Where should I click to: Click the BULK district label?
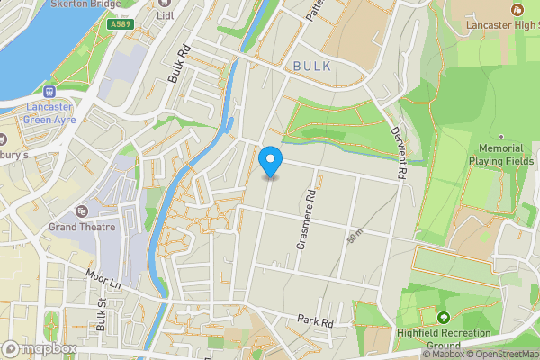click(x=312, y=67)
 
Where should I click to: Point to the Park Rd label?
click(x=316, y=321)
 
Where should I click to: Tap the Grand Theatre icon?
click(x=83, y=211)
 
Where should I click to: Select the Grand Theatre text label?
click(x=83, y=227)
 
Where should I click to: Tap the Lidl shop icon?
click(x=165, y=3)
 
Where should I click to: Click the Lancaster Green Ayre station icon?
click(x=49, y=91)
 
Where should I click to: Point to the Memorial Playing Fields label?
click(x=501, y=155)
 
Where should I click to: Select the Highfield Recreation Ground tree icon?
click(x=443, y=318)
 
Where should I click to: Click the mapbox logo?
click(x=40, y=349)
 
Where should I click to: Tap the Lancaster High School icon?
click(x=517, y=9)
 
